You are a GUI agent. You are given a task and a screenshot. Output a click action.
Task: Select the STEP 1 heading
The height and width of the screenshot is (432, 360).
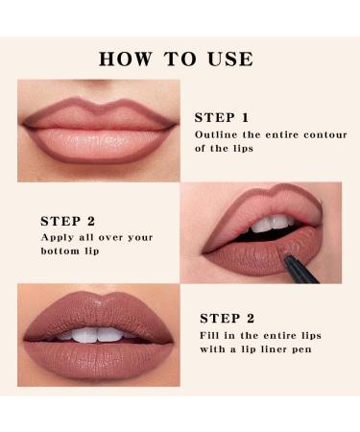[223, 117]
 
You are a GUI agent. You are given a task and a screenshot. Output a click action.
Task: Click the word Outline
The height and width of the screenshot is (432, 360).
[217, 134]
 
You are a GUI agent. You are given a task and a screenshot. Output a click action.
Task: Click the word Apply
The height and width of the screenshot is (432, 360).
[57, 236]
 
